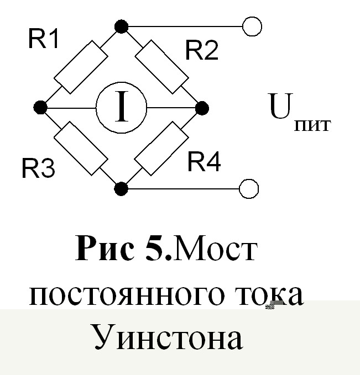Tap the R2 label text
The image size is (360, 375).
(x=202, y=50)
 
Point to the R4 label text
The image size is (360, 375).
(x=204, y=162)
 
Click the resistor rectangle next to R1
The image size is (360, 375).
(x=81, y=66)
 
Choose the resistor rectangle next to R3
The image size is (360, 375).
(x=81, y=148)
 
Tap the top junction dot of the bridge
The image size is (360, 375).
(x=121, y=26)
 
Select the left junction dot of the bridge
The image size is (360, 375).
(x=40, y=107)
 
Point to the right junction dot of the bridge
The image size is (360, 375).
(x=202, y=107)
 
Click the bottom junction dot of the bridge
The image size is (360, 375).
(x=121, y=189)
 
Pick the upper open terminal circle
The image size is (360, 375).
(x=252, y=26)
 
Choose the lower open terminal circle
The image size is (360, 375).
(x=249, y=189)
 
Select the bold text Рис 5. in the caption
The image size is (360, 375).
(x=124, y=250)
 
